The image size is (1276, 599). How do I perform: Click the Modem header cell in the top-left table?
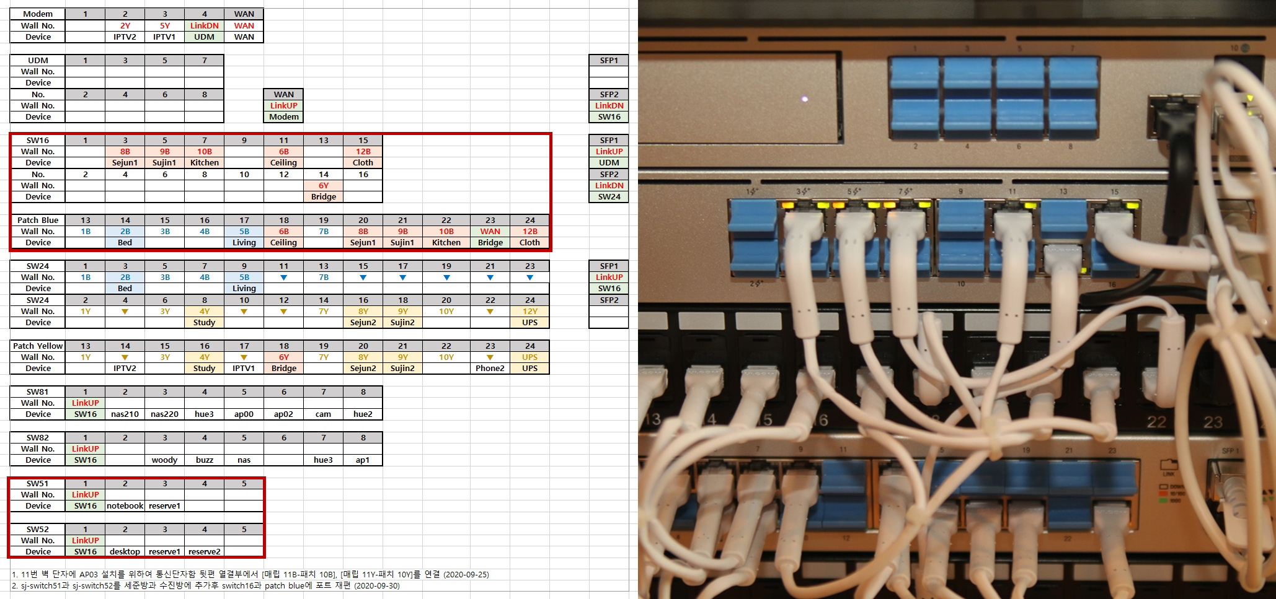click(x=38, y=14)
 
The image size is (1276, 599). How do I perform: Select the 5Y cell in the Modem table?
click(x=164, y=25)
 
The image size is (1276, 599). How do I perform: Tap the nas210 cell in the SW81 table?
click(x=125, y=414)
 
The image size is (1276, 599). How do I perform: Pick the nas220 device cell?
click(x=164, y=414)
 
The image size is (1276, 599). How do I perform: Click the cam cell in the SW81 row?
click(x=323, y=414)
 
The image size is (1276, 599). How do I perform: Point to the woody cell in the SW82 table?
click(x=164, y=460)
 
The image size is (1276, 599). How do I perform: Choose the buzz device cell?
click(x=204, y=460)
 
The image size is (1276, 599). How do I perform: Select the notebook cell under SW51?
click(x=125, y=505)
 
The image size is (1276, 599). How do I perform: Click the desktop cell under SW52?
click(x=125, y=551)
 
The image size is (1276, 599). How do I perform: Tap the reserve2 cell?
click(x=204, y=551)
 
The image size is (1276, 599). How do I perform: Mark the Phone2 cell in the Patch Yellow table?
click(x=490, y=368)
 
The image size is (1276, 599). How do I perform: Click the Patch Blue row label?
click(x=38, y=220)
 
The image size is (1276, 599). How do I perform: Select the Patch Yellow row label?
click(x=38, y=346)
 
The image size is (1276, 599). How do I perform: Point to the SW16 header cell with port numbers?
click(x=38, y=140)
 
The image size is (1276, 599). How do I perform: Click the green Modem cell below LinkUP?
click(x=283, y=116)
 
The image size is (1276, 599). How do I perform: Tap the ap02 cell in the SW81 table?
click(x=283, y=414)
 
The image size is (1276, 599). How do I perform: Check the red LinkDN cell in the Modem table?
click(x=204, y=25)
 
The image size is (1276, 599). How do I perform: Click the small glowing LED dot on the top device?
click(x=804, y=98)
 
